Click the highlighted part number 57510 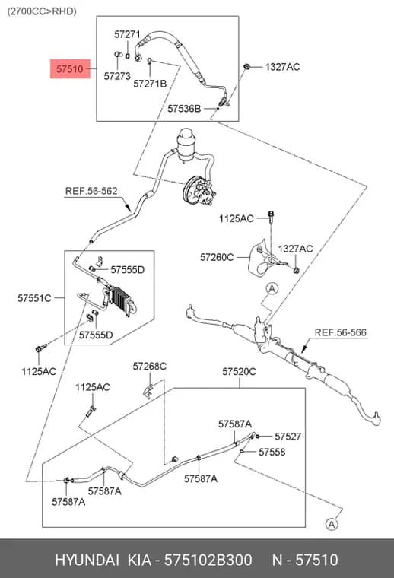point(70,69)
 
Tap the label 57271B point(150,84)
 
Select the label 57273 point(117,76)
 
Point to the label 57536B point(184,108)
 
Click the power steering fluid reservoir point(186,144)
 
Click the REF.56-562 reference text point(91,191)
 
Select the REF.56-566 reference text point(341,332)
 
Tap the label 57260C point(217,257)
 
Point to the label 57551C point(34,298)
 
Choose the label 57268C point(150,366)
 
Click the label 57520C point(239,371)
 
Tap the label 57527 point(288,437)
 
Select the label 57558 point(272,452)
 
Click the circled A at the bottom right point(332,524)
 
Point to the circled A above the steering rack point(272,289)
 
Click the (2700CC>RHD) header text point(42,11)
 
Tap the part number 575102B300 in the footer point(208,560)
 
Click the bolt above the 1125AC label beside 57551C point(40,348)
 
